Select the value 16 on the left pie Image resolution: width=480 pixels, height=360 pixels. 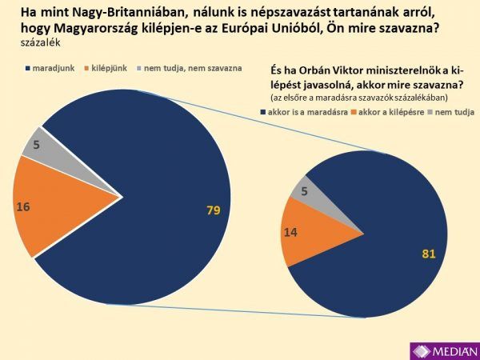tap(23, 206)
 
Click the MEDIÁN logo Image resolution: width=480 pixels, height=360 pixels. tap(444, 350)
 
